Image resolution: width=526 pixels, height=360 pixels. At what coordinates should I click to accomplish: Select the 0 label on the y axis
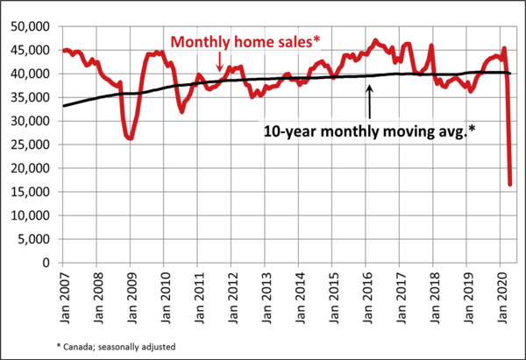click(48, 263)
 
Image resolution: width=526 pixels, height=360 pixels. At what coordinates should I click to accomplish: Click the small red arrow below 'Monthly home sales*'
click(219, 60)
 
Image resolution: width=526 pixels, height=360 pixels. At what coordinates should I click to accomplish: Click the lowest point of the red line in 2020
click(510, 184)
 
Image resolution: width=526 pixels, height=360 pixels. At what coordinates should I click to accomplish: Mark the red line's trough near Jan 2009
click(130, 138)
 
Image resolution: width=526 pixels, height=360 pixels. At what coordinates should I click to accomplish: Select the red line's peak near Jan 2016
click(375, 40)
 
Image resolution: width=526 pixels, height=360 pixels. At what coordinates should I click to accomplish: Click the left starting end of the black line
click(62, 105)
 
